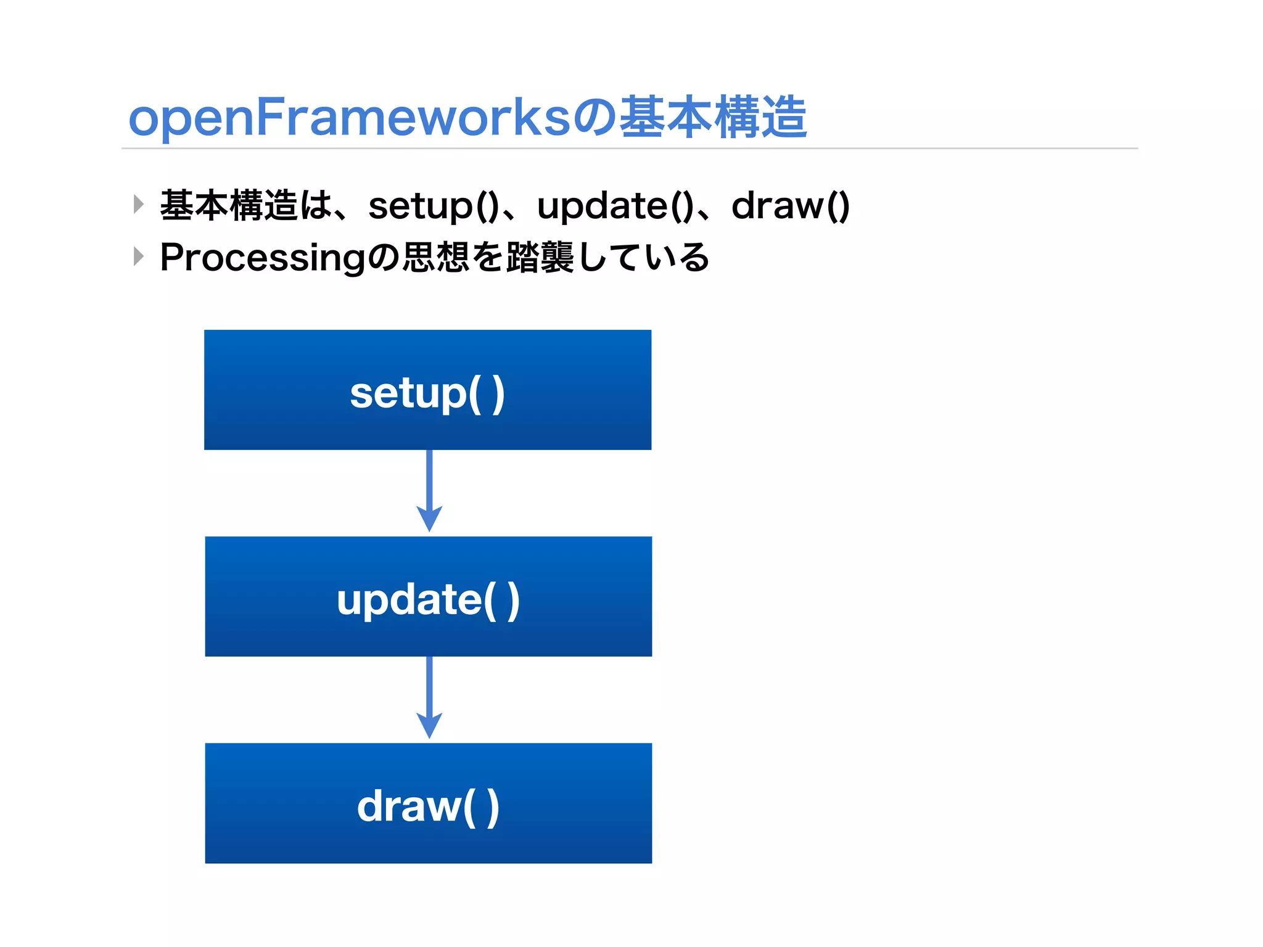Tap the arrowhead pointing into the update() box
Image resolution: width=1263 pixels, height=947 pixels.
429,519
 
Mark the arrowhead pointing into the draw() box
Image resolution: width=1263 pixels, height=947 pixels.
429,726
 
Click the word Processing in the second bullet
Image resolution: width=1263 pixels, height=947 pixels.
262,258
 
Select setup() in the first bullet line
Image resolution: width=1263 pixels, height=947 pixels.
434,206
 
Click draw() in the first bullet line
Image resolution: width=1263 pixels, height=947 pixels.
791,206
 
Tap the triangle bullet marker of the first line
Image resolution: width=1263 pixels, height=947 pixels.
139,204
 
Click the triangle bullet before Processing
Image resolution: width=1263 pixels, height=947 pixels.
139,256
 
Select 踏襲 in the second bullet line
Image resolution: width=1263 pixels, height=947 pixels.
540,258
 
